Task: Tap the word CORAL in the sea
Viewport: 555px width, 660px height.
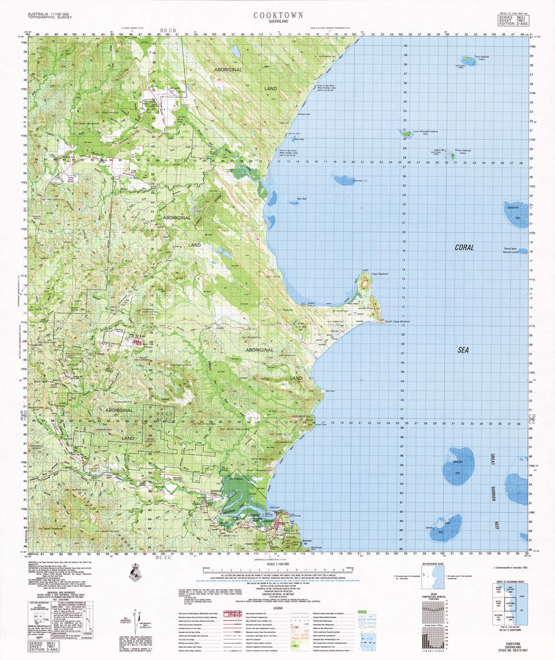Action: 463,247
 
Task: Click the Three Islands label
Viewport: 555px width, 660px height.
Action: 463,150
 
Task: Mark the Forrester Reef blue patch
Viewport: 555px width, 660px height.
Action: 515,214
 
